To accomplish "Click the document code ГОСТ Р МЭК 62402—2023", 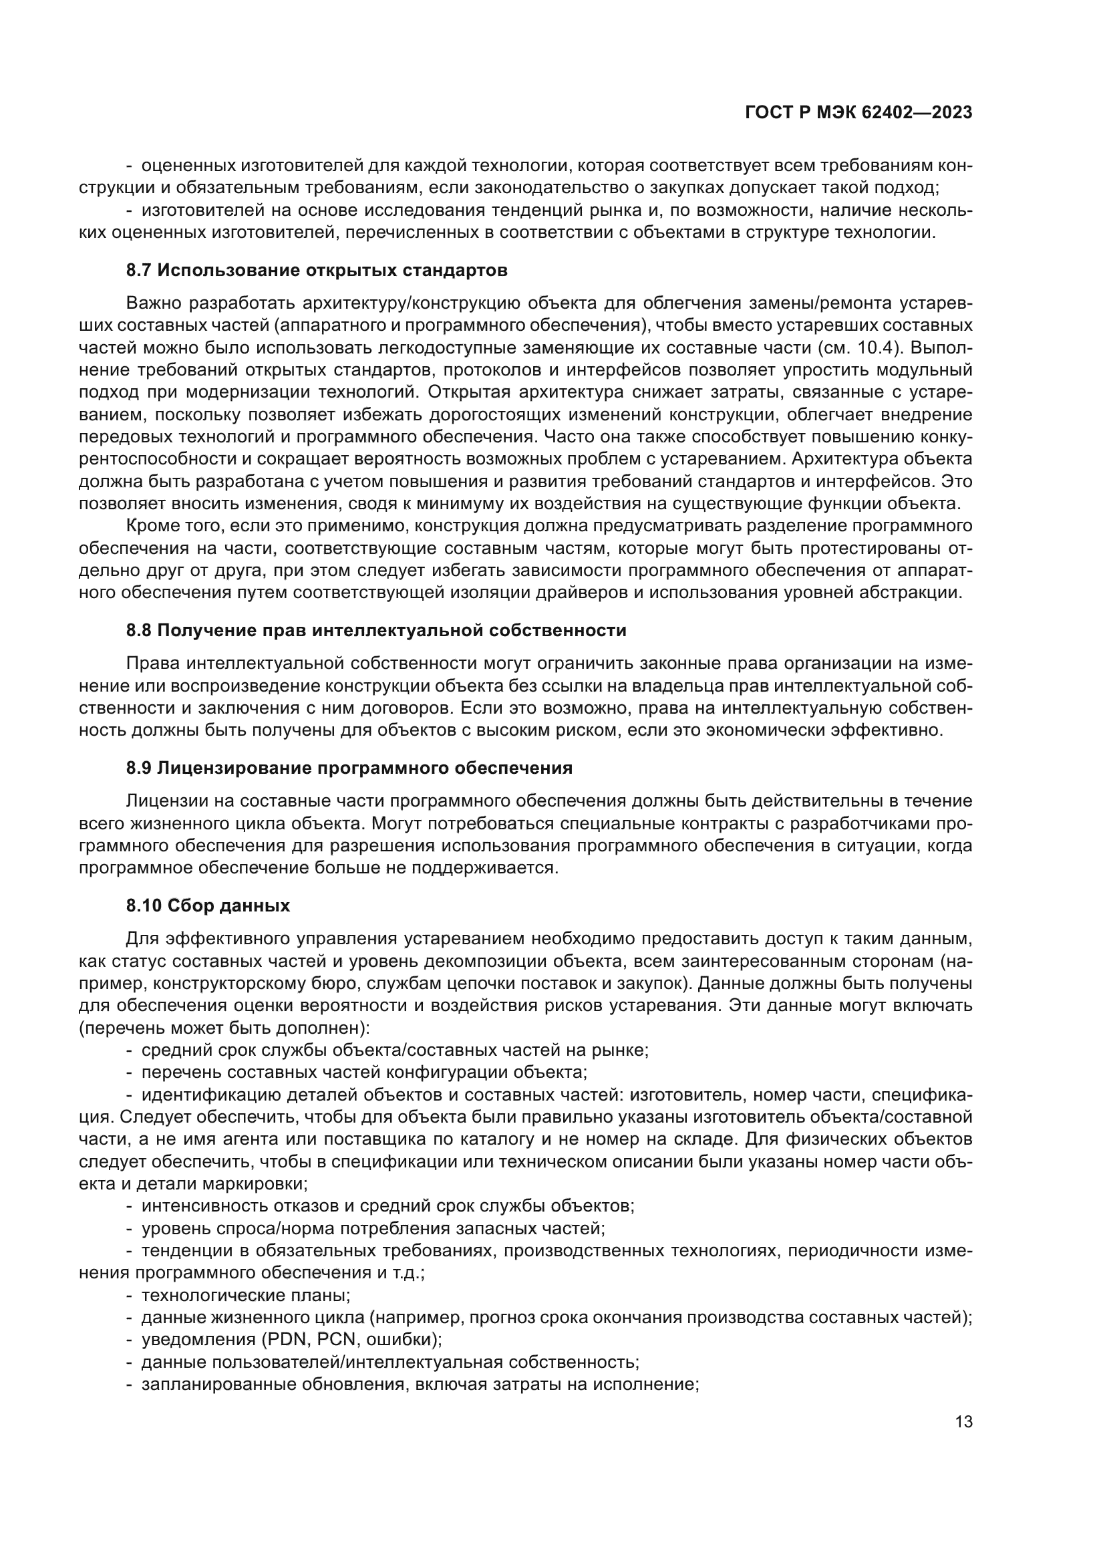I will [x=858, y=113].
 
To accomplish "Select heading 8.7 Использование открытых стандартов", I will [x=317, y=270].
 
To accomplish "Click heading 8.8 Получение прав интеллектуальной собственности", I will [x=375, y=630].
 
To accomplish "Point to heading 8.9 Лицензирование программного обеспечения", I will [x=349, y=768].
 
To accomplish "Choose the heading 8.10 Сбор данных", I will [x=208, y=905].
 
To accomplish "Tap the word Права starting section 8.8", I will [x=152, y=663].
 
